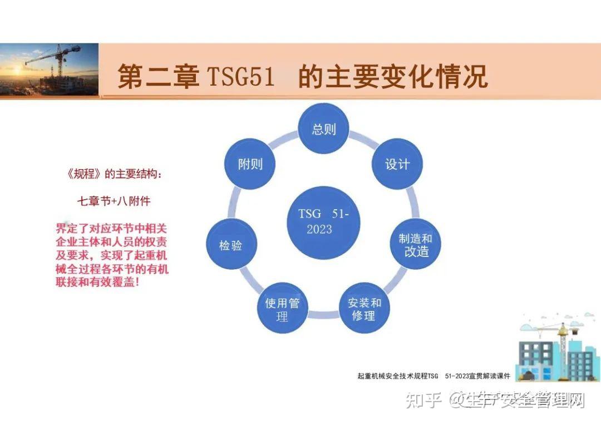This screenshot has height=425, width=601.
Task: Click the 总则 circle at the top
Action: click(x=324, y=130)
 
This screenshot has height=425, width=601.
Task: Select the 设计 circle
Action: click(x=397, y=164)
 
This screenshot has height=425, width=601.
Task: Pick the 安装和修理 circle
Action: click(x=364, y=309)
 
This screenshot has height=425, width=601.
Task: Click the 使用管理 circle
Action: click(x=282, y=309)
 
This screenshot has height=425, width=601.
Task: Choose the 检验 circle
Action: click(x=231, y=245)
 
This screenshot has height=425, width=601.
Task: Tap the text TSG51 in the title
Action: click(x=240, y=76)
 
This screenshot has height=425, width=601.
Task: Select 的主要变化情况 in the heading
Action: click(x=393, y=76)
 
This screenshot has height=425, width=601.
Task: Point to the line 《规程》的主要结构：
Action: click(x=114, y=175)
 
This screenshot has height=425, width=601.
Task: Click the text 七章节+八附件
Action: click(x=114, y=200)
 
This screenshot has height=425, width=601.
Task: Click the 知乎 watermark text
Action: click(x=423, y=400)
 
